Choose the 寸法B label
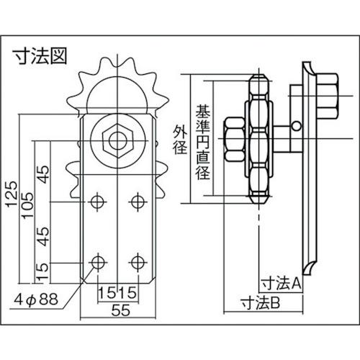(263, 302)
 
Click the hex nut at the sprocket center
(116, 138)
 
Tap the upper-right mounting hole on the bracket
(135, 202)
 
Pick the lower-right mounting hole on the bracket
(135, 260)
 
